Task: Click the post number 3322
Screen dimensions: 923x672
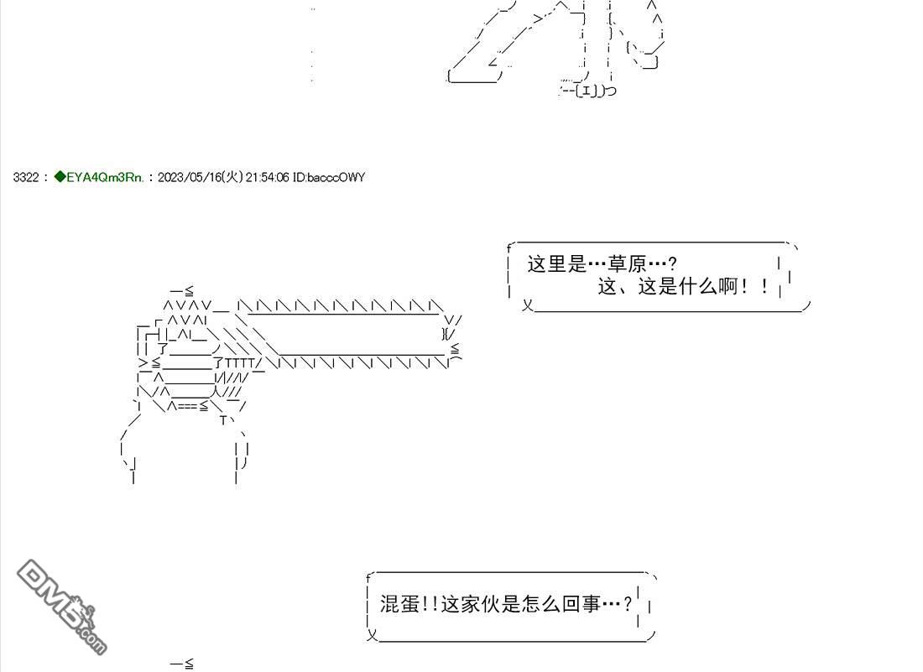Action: pyautogui.click(x=26, y=177)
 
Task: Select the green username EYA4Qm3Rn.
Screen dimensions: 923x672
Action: pyautogui.click(x=105, y=177)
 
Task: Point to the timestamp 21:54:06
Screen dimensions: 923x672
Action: pyautogui.click(x=267, y=177)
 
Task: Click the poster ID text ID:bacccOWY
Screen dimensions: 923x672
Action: pyautogui.click(x=329, y=177)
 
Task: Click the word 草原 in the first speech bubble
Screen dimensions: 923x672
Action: pyautogui.click(x=628, y=263)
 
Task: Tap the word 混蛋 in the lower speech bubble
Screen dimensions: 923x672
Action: pyautogui.click(x=399, y=604)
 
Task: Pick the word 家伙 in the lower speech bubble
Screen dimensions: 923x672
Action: pyautogui.click(x=481, y=604)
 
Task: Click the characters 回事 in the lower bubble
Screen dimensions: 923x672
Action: pyautogui.click(x=581, y=604)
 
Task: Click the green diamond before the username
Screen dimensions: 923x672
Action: pyautogui.click(x=60, y=176)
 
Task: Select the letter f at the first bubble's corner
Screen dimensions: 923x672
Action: pyautogui.click(x=509, y=248)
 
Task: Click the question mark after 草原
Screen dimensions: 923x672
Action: pyautogui.click(x=673, y=263)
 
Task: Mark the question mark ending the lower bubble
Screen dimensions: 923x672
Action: pyautogui.click(x=628, y=604)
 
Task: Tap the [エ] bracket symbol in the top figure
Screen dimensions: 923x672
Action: pyautogui.click(x=587, y=90)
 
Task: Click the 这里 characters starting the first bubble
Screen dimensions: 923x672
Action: pyautogui.click(x=547, y=263)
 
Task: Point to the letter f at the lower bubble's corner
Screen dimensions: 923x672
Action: pyautogui.click(x=368, y=578)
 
